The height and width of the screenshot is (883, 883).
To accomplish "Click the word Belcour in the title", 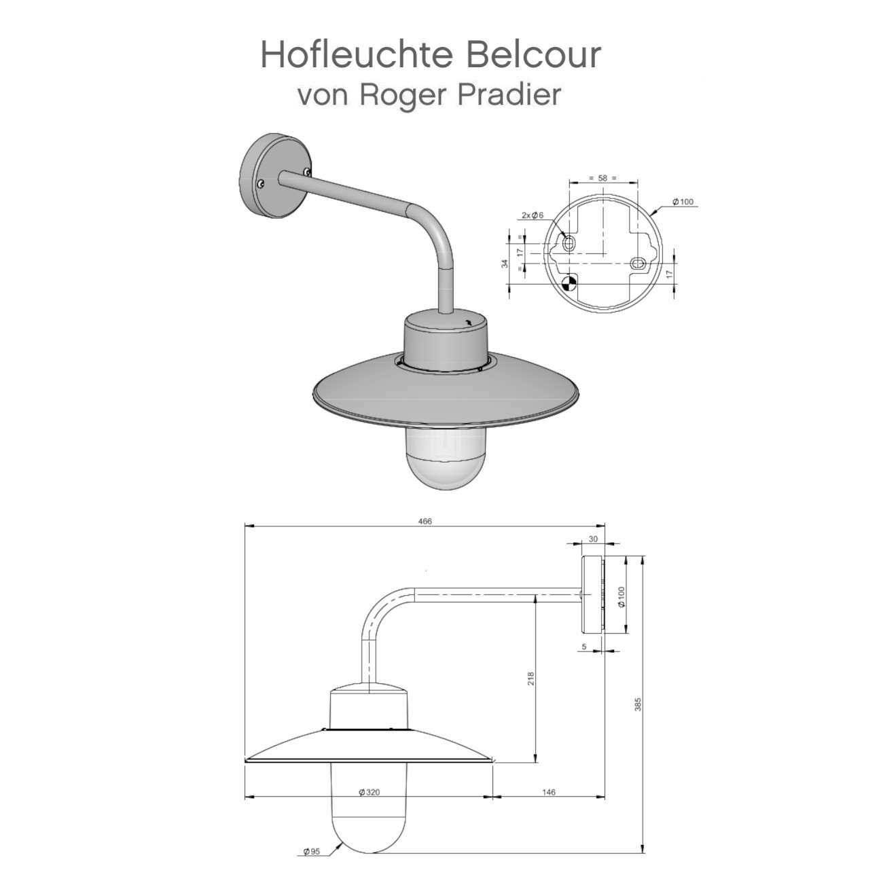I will coord(535,54).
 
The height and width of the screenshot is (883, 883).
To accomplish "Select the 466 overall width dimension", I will coord(425,522).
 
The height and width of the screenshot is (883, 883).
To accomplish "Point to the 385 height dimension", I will coord(638,704).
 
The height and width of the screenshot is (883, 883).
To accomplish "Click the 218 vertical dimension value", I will coord(531,679).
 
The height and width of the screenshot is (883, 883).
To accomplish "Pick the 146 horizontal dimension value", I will coord(549,792).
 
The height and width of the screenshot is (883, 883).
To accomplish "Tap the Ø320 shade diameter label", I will coord(368,792).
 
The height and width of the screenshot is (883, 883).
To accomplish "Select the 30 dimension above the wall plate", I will coord(593,539).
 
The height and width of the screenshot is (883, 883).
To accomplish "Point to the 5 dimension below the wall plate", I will coord(584,647).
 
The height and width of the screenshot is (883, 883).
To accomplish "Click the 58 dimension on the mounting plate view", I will coord(602,178).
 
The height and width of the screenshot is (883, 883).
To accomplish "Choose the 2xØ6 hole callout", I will coord(533,215).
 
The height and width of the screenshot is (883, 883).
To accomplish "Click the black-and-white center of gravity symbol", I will coord(569,281).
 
